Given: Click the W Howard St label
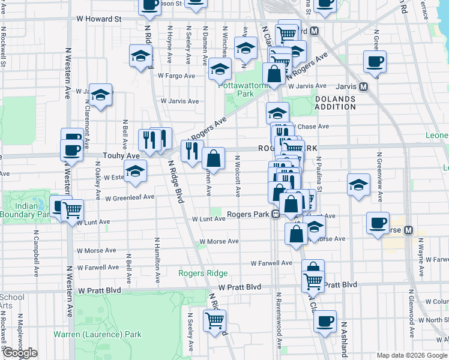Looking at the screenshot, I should point(99,19).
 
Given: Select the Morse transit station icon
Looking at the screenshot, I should point(409,230).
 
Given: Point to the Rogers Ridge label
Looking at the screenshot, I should point(203,273).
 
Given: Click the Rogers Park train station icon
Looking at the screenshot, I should point(276,214).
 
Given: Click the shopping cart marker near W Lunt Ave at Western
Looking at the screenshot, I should point(72,210).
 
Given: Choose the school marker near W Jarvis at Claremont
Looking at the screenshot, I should point(101,94).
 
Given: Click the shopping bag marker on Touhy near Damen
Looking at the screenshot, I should point(213,159).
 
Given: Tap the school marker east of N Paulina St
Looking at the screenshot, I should point(358,184).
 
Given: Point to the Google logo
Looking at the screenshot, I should point(20,353).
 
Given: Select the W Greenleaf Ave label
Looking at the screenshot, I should point(130,197).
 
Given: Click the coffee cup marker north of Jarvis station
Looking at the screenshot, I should point(375,62).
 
